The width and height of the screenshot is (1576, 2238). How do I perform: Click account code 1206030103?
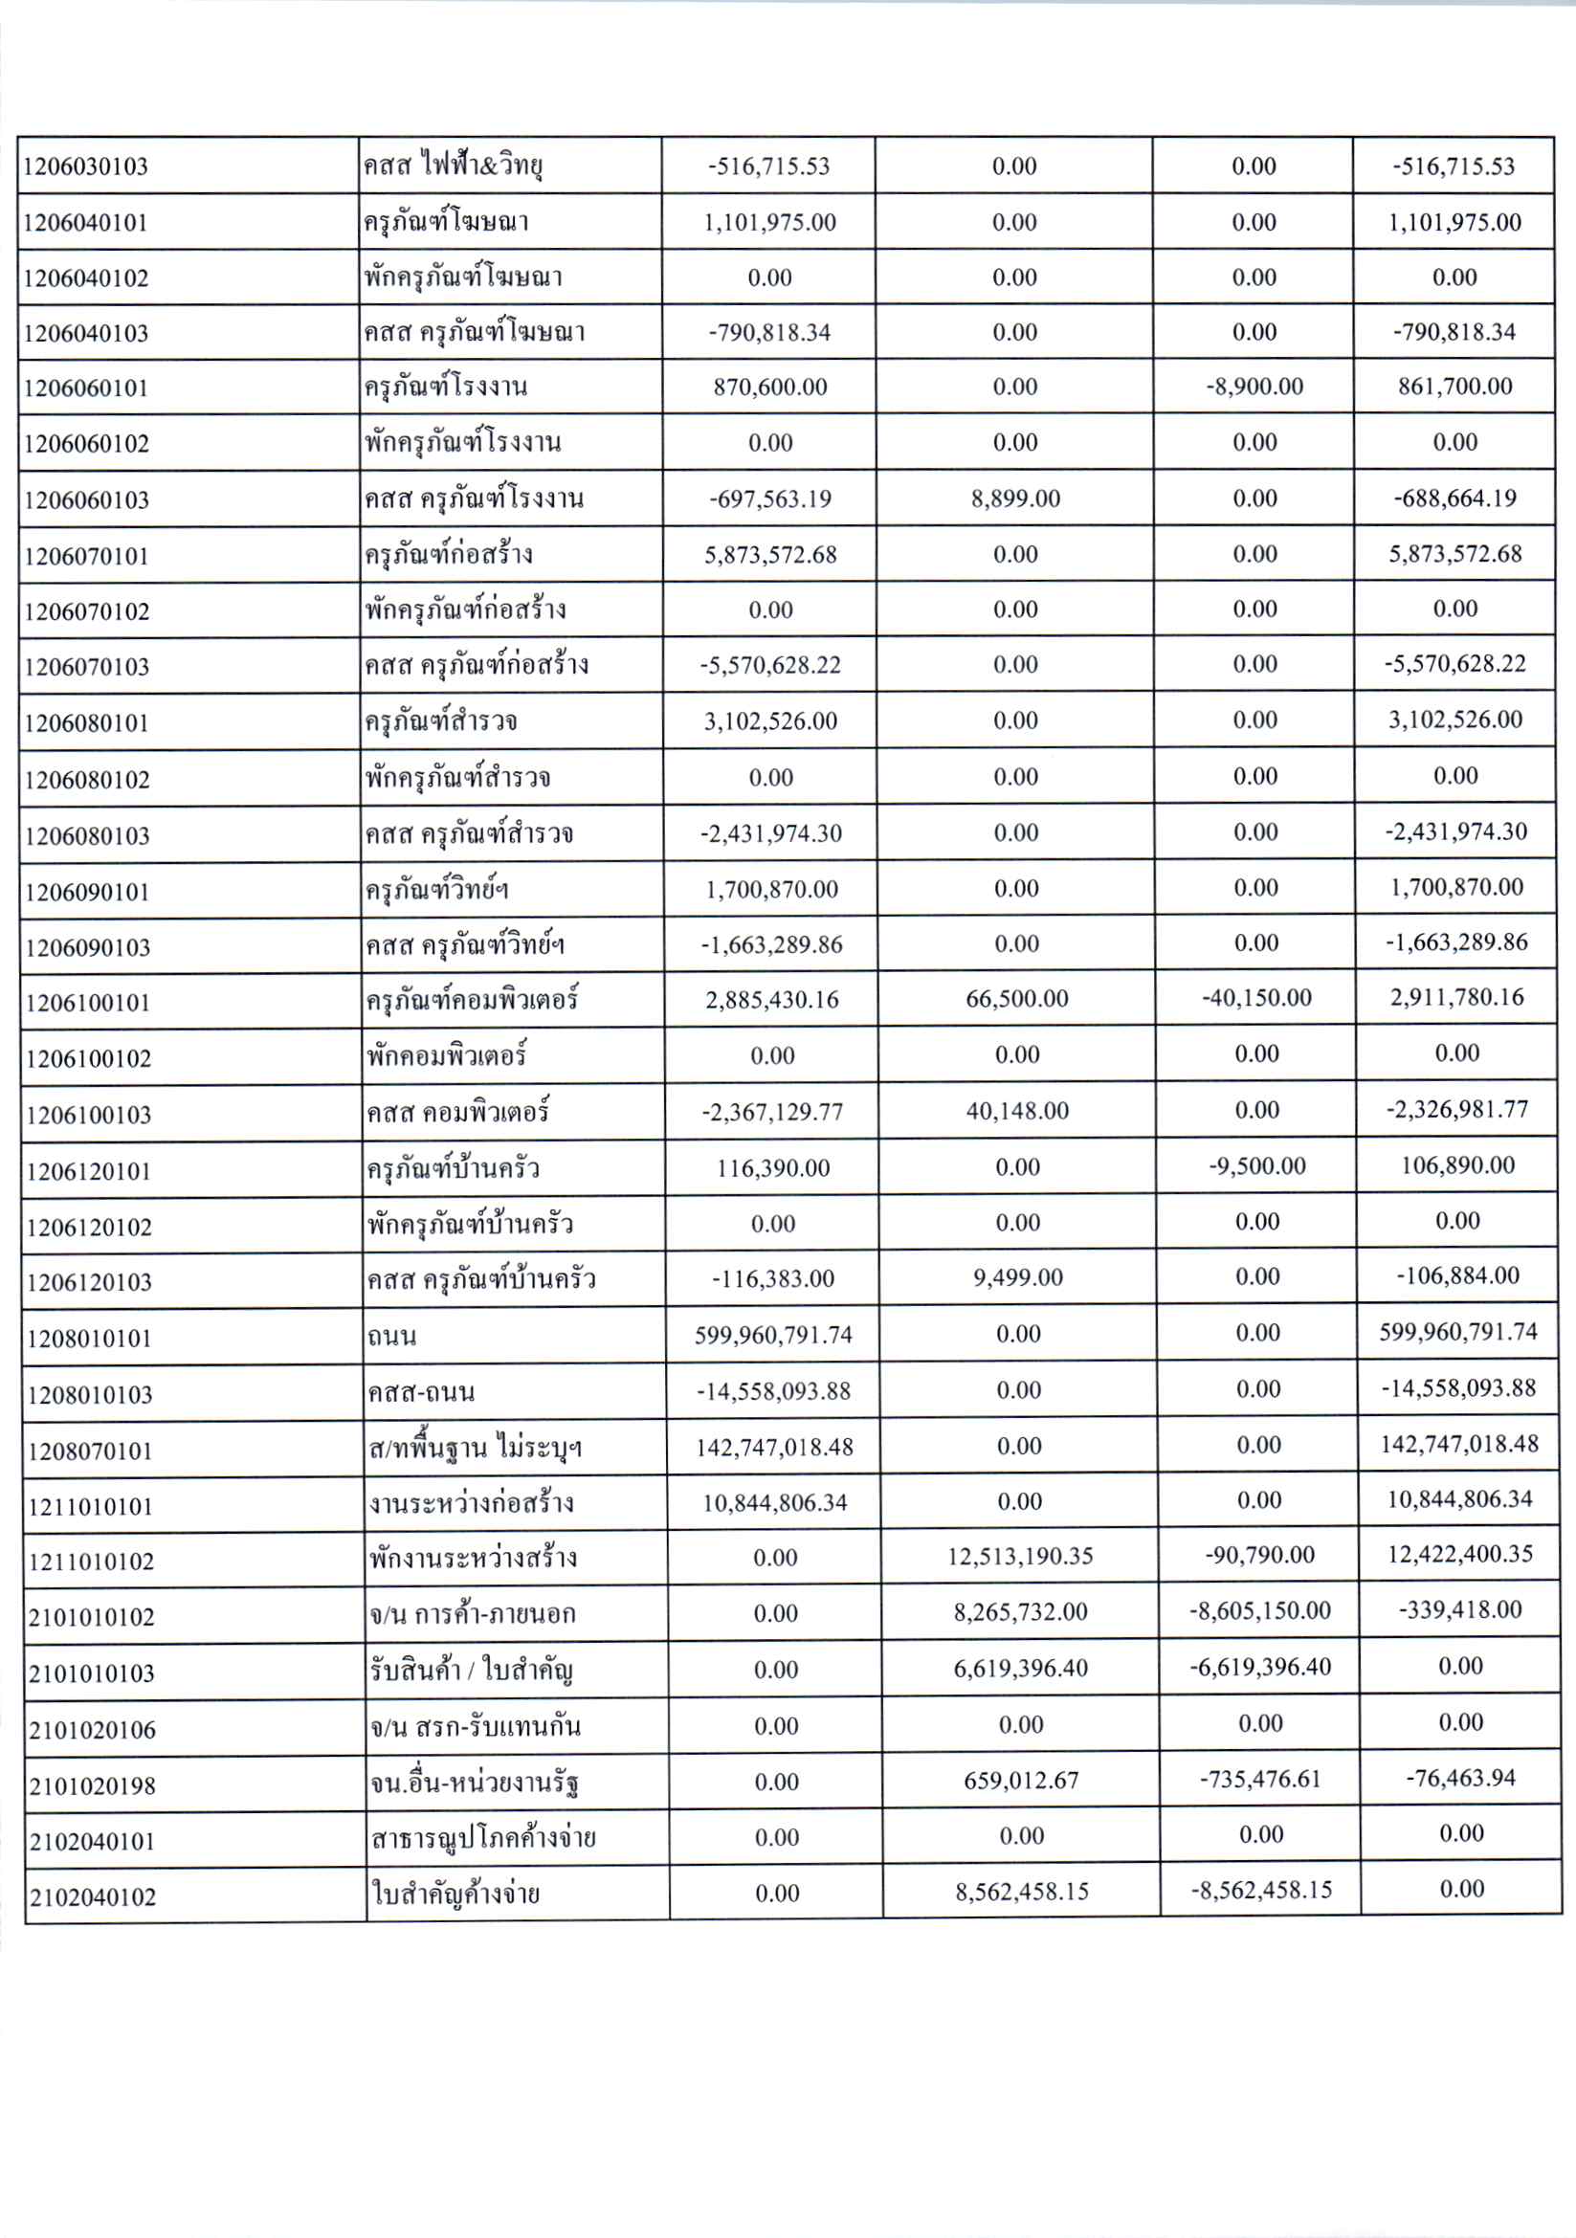pyautogui.click(x=86, y=166)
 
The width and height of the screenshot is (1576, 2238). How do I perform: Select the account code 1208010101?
pyautogui.click(x=90, y=1339)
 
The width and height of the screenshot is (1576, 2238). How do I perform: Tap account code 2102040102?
pyautogui.click(x=93, y=1896)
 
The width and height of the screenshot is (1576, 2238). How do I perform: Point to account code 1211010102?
pyautogui.click(x=91, y=1562)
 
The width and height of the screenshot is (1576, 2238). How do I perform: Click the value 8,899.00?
pyautogui.click(x=1014, y=499)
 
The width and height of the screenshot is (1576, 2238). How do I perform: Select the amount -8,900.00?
pyautogui.click(x=1254, y=387)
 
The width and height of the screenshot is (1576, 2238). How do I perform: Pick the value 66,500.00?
pyautogui.click(x=1016, y=999)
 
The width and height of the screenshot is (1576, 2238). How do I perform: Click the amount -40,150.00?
pyautogui.click(x=1256, y=998)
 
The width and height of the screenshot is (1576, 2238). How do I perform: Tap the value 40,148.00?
pyautogui.click(x=1016, y=1111)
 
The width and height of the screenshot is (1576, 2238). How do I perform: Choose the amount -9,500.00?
pyautogui.click(x=1257, y=1166)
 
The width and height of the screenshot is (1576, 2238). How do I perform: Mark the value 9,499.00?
pyautogui.click(x=1017, y=1278)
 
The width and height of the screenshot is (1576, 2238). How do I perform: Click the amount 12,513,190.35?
pyautogui.click(x=1019, y=1557)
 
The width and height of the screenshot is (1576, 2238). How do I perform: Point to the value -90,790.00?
pyautogui.click(x=1259, y=1555)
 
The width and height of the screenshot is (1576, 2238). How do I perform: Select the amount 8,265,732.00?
pyautogui.click(x=1020, y=1612)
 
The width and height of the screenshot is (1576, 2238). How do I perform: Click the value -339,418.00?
pyautogui.click(x=1460, y=1610)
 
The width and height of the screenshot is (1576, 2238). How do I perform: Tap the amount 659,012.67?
pyautogui.click(x=1020, y=1781)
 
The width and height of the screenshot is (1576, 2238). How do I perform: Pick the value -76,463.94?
pyautogui.click(x=1460, y=1778)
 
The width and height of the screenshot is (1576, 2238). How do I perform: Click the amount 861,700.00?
pyautogui.click(x=1455, y=387)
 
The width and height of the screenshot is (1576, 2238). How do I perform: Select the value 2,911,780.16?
pyautogui.click(x=1457, y=998)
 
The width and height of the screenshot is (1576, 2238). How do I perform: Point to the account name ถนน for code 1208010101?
pyautogui.click(x=391, y=1337)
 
